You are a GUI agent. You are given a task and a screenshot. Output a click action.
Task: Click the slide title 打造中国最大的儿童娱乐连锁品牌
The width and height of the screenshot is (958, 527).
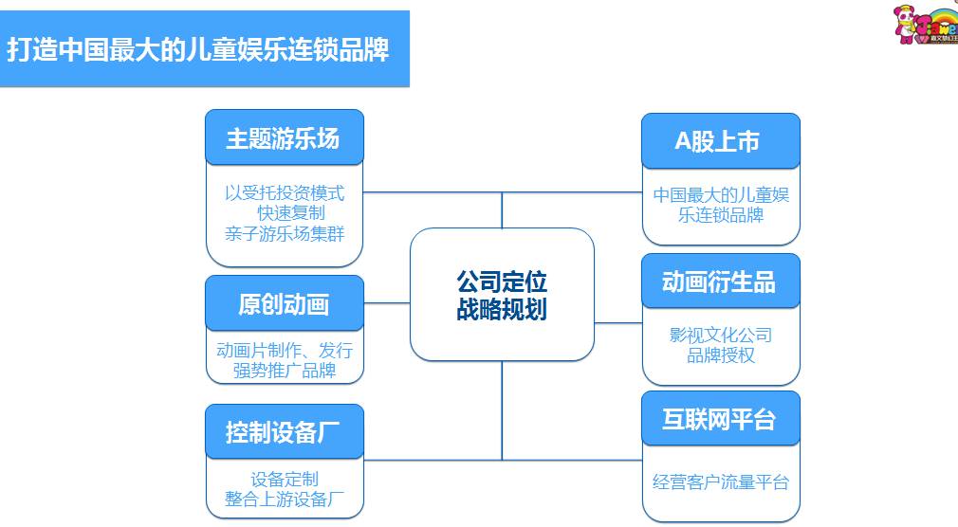tap(198, 49)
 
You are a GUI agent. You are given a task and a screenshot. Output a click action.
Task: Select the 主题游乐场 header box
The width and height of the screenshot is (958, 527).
tap(284, 138)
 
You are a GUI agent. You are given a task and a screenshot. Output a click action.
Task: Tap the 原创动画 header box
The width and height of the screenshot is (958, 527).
tap(284, 304)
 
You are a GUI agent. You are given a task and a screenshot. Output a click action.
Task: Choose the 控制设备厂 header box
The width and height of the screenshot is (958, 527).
tap(284, 432)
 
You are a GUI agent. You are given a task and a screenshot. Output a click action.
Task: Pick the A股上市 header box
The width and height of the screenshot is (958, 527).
tap(719, 141)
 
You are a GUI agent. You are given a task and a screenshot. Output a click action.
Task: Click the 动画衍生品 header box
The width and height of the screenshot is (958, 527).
tap(719, 282)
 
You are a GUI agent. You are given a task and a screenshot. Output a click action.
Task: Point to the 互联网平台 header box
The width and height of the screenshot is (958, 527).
tap(719, 419)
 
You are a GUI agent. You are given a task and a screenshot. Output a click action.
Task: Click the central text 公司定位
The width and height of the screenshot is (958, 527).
tap(502, 282)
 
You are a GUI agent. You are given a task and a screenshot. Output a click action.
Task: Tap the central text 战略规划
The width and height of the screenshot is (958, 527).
tap(502, 309)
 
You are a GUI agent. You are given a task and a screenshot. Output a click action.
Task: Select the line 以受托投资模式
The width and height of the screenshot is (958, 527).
tap(285, 193)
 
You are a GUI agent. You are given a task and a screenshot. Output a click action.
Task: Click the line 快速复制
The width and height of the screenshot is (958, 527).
tap(290, 213)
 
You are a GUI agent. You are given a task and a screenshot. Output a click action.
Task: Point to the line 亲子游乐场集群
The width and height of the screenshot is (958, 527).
tap(285, 233)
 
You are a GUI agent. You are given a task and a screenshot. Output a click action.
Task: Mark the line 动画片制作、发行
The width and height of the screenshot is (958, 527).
tap(285, 350)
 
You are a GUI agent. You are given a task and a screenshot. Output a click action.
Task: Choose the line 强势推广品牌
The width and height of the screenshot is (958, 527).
tap(285, 370)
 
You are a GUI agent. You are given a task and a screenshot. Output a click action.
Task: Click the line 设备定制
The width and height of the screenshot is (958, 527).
tap(285, 480)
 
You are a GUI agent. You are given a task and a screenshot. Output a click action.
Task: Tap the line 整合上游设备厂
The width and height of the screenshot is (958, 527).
tap(285, 500)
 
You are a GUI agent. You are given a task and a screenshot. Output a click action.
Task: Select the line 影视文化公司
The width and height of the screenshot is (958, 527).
tap(721, 335)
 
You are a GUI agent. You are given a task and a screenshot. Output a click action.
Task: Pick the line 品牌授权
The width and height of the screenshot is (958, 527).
tap(721, 355)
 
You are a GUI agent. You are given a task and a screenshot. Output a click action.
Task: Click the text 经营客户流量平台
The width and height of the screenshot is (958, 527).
tap(721, 482)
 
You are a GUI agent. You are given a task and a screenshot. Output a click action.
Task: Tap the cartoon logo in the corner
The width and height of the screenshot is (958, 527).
tap(926, 25)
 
